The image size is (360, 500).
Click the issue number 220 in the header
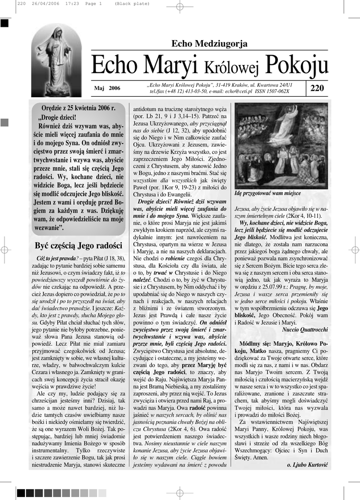[317, 88]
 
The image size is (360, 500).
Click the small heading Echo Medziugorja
[209, 44]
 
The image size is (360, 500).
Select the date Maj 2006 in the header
[107, 88]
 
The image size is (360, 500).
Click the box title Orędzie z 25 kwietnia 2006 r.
[79, 108]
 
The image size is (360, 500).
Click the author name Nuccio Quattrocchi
[305, 330]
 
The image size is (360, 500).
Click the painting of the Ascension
[281, 146]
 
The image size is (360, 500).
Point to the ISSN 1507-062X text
[272, 91]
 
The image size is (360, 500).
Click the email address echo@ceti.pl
[238, 91]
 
